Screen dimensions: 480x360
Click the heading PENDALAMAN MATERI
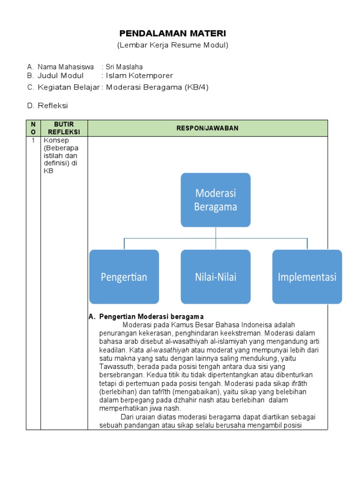[x=172, y=33]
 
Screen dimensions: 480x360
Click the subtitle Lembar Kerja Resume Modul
[x=172, y=45]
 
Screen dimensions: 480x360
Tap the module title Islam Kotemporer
[x=140, y=75]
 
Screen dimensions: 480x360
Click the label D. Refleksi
[x=47, y=106]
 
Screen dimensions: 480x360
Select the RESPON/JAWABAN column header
[x=207, y=128]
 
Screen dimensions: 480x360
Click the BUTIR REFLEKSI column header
[x=64, y=128]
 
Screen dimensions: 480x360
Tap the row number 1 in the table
[x=33, y=140]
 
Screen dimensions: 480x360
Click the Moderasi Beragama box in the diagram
[x=216, y=200]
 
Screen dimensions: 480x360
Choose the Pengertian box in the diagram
[x=124, y=277]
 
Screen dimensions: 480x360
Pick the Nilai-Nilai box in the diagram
[x=216, y=277]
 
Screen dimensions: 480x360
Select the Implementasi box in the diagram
[x=307, y=277]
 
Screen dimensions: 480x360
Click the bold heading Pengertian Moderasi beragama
[x=151, y=317]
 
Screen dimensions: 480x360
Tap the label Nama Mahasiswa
[x=66, y=67]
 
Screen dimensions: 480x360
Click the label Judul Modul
[x=60, y=75]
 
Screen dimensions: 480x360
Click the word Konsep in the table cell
[x=56, y=140]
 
